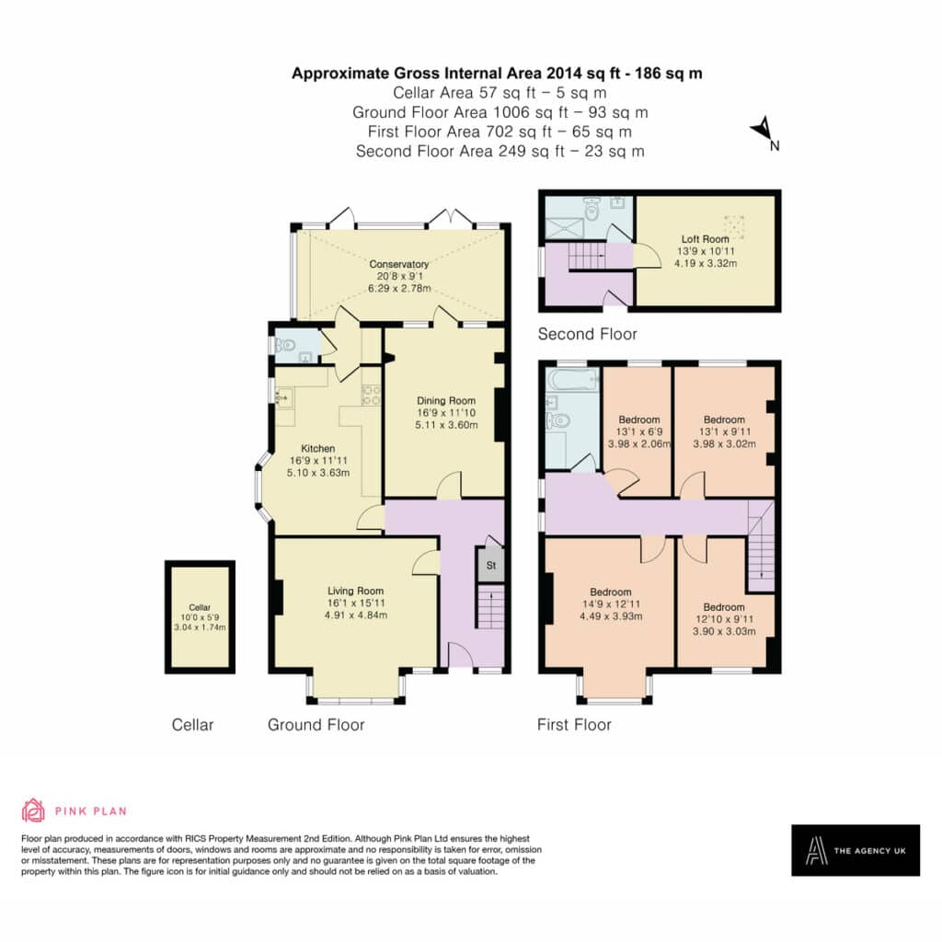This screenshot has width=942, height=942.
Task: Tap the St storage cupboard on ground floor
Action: click(x=491, y=565)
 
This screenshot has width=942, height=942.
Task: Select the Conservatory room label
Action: click(x=399, y=264)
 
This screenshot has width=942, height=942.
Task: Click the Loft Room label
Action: click(x=706, y=239)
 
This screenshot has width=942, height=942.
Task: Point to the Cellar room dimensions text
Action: click(x=200, y=622)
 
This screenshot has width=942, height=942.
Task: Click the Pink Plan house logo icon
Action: click(x=33, y=810)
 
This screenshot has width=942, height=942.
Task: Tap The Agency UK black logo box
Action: click(x=856, y=850)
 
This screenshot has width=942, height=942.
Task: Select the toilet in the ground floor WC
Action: click(x=285, y=346)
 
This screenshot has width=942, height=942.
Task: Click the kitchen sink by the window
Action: click(x=284, y=396)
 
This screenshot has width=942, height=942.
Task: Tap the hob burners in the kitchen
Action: click(x=371, y=395)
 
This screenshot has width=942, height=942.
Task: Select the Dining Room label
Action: click(x=446, y=401)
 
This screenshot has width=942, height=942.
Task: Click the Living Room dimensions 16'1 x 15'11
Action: click(x=356, y=603)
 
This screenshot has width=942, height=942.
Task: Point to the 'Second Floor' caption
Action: click(x=587, y=334)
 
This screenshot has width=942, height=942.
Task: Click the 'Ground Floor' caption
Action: click(x=316, y=725)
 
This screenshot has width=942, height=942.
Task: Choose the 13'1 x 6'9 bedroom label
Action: click(x=639, y=431)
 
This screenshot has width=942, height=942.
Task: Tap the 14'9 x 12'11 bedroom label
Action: click(x=611, y=603)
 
